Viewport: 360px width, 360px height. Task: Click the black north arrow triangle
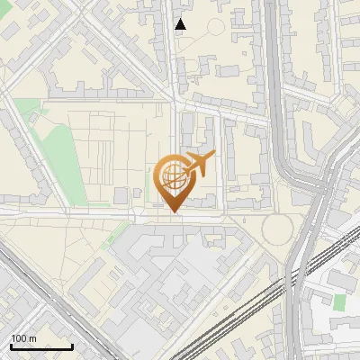[180, 24]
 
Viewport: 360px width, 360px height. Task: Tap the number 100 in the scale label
[19, 337]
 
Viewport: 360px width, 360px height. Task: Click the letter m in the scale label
[33, 337]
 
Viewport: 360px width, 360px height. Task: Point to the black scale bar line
[41, 346]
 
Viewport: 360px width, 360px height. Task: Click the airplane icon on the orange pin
[198, 165]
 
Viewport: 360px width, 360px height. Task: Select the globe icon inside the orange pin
[171, 177]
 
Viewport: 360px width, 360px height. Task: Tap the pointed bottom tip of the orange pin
[172, 212]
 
